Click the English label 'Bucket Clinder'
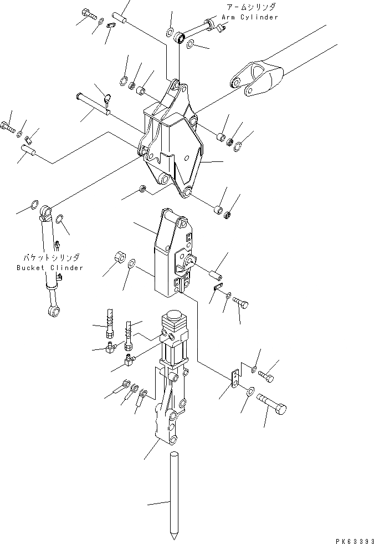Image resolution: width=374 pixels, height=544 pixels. pos(50,268)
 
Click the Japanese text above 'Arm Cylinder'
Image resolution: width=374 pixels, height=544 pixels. pos(250,8)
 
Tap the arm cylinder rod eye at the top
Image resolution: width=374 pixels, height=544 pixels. pos(178,38)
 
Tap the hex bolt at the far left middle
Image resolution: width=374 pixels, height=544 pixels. pos(7,127)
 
